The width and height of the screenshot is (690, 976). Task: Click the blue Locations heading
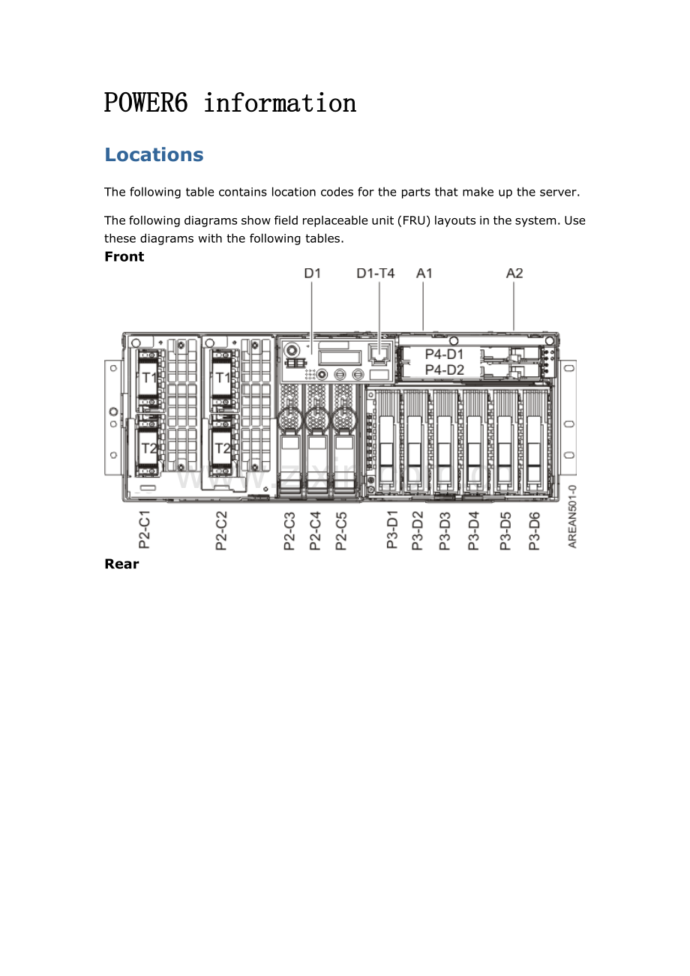(154, 154)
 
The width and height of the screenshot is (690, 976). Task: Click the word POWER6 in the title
(146, 103)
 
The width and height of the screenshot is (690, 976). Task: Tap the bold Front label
(124, 256)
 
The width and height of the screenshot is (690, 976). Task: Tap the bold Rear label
(121, 564)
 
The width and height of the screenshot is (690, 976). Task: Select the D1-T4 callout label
(376, 273)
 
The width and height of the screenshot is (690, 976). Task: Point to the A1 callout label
(424, 273)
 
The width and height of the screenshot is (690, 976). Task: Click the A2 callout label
(514, 273)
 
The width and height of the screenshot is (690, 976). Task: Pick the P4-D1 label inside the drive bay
(444, 355)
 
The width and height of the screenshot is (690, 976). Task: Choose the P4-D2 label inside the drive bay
(444, 370)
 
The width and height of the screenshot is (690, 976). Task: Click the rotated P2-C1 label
(144, 529)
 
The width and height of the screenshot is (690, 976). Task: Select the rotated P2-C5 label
(340, 531)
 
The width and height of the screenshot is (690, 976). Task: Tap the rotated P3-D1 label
(392, 529)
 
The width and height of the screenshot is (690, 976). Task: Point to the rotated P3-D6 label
(534, 531)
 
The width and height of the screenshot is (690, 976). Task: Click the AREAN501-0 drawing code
(572, 516)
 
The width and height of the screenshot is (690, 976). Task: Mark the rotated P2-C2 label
(221, 531)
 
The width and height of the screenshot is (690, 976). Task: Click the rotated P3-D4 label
(473, 531)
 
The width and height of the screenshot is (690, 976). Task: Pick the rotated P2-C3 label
(289, 531)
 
